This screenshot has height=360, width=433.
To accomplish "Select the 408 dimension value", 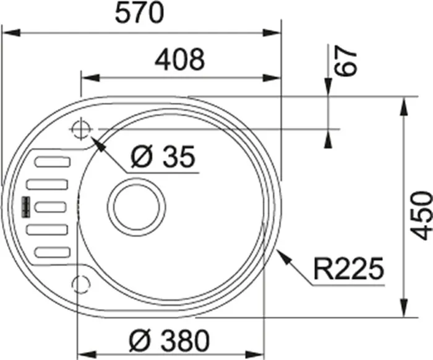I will tap(179, 60).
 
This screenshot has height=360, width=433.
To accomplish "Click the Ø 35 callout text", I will tap(163, 157).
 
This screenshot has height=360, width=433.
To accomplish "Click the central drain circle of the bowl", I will tap(137, 205).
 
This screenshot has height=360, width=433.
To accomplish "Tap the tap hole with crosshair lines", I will tap(81, 129).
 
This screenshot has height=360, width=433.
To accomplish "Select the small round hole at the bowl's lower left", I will tap(80, 283).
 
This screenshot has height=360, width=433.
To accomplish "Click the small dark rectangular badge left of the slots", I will tap(25, 207).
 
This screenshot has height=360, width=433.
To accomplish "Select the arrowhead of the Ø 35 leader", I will tap(96, 142).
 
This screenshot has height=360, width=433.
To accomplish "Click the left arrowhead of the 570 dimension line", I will tap(9, 31).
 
